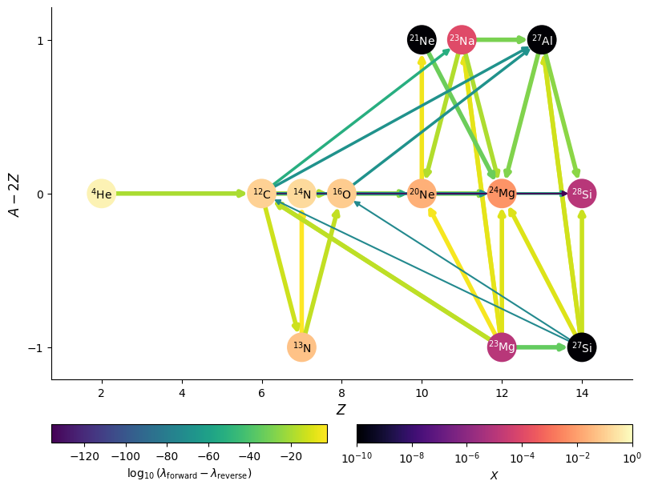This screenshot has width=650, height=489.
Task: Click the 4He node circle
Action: tap(101, 194)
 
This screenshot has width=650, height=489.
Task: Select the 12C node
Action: tap(261, 194)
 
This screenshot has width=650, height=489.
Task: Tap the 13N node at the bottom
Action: tap(301, 347)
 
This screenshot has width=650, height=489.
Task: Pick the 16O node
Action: tap(341, 194)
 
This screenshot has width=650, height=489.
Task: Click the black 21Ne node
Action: tap(422, 40)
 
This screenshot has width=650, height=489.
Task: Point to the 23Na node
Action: tap(462, 40)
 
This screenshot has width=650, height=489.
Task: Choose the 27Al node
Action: tap(542, 40)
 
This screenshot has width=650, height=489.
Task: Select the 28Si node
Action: tap(582, 194)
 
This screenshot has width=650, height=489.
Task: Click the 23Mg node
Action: tap(502, 347)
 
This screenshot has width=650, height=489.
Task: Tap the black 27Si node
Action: tap(582, 347)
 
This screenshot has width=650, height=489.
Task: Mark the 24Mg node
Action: tap(502, 194)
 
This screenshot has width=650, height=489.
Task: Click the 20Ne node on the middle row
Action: tap(422, 194)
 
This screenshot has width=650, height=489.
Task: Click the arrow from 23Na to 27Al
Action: tap(502, 39)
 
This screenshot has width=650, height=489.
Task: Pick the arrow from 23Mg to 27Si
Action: tap(541, 347)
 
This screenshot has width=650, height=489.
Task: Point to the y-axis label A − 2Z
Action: tap(14, 194)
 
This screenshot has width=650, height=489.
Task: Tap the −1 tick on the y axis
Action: tap(36, 347)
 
